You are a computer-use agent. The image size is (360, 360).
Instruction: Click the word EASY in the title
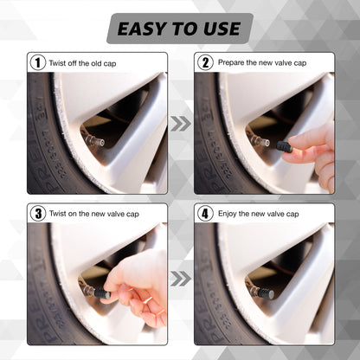pos(141,29)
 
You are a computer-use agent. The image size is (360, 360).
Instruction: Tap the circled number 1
pos(38,62)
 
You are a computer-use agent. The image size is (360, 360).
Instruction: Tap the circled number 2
pos(205,62)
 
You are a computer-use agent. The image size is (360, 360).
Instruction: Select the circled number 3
pos(38,213)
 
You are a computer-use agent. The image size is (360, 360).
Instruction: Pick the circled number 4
pos(205,213)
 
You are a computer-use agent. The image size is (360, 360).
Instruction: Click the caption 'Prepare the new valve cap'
pos(262,62)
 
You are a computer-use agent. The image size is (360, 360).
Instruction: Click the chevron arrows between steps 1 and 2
pos(180,124)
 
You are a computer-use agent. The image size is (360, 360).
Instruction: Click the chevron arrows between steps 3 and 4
pos(180,278)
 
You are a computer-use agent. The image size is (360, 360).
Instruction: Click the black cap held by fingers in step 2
pos(284,147)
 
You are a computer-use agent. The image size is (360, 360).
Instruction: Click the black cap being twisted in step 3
pos(101,294)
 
